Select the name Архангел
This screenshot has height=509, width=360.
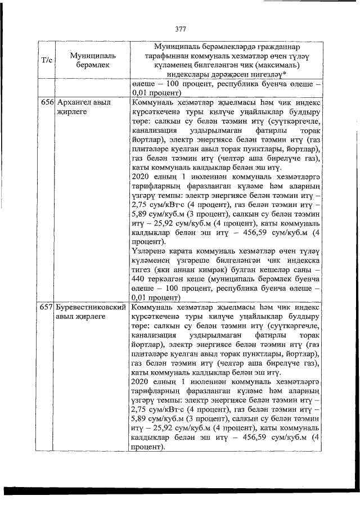(x=75, y=103)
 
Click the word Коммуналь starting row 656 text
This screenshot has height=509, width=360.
(x=150, y=103)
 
